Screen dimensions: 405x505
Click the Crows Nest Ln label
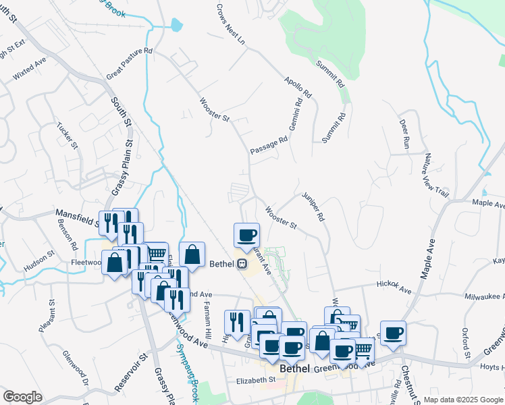(x=230, y=23)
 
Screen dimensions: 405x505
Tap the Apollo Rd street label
(x=298, y=85)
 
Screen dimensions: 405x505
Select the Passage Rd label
(x=269, y=144)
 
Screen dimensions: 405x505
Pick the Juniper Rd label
(x=314, y=206)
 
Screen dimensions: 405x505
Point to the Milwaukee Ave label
(x=483, y=296)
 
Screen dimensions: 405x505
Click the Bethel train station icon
(x=241, y=263)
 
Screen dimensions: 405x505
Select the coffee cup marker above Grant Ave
(x=246, y=235)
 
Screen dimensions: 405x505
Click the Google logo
(x=22, y=397)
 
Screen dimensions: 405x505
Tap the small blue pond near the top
(x=177, y=26)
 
